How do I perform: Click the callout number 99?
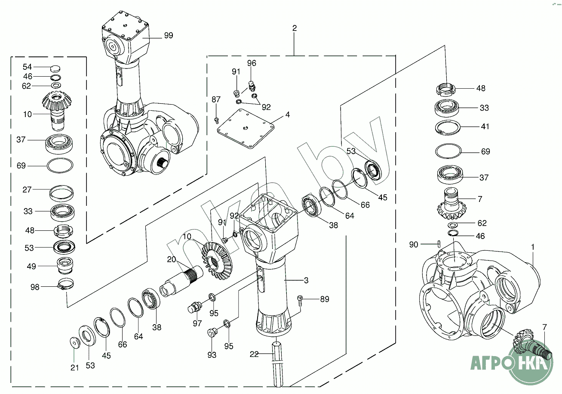(169, 35)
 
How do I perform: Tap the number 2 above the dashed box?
(295, 28)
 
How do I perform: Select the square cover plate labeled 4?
(246, 129)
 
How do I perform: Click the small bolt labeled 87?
(217, 121)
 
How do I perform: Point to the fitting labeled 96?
(252, 86)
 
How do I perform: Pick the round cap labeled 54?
(55, 68)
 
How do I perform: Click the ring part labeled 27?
(61, 193)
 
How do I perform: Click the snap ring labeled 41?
(448, 127)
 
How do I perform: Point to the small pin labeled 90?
(439, 244)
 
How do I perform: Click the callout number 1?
(533, 247)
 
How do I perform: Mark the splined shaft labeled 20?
(181, 282)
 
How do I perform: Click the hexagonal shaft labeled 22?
(278, 364)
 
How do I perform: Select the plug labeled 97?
(195, 307)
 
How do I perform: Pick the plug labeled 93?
(212, 332)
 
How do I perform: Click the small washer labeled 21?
(74, 343)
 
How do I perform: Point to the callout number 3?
(306, 280)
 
